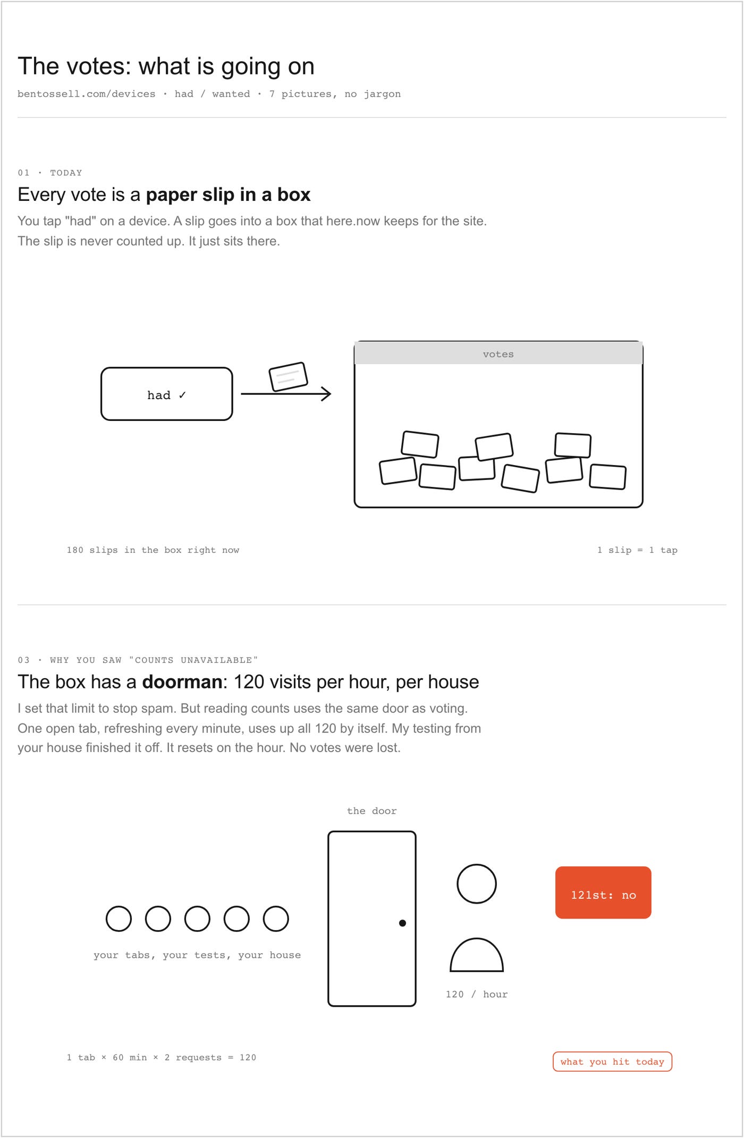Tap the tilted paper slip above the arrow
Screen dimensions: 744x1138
click(289, 377)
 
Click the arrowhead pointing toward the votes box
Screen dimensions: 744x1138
click(326, 394)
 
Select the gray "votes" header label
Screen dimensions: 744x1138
click(498, 354)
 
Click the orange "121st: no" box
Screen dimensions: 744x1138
click(603, 892)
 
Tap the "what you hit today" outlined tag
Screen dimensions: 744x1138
click(612, 1061)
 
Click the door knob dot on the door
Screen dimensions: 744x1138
click(402, 923)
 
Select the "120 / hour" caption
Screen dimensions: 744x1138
click(477, 994)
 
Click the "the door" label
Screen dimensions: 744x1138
click(372, 811)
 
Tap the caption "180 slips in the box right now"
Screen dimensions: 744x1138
click(153, 550)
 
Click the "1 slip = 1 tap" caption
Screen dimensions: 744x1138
click(637, 550)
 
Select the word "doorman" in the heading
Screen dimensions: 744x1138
click(182, 681)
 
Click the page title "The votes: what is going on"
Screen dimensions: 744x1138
click(166, 66)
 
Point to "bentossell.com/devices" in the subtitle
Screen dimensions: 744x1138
click(87, 94)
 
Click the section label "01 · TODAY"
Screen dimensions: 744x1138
click(50, 173)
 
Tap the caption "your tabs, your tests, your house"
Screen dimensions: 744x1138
click(197, 955)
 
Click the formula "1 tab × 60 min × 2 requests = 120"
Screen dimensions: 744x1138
click(162, 1057)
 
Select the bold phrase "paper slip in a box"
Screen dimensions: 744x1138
click(228, 195)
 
